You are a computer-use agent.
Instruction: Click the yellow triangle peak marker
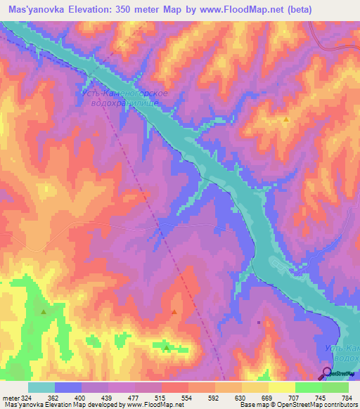tap(286, 119)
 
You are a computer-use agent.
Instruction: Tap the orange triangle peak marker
tap(174, 311)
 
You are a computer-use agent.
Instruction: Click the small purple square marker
tap(259, 323)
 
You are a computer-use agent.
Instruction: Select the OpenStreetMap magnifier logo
tap(327, 373)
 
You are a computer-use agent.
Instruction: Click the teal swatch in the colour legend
tap(41, 387)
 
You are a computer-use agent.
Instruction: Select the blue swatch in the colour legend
tap(67, 387)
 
